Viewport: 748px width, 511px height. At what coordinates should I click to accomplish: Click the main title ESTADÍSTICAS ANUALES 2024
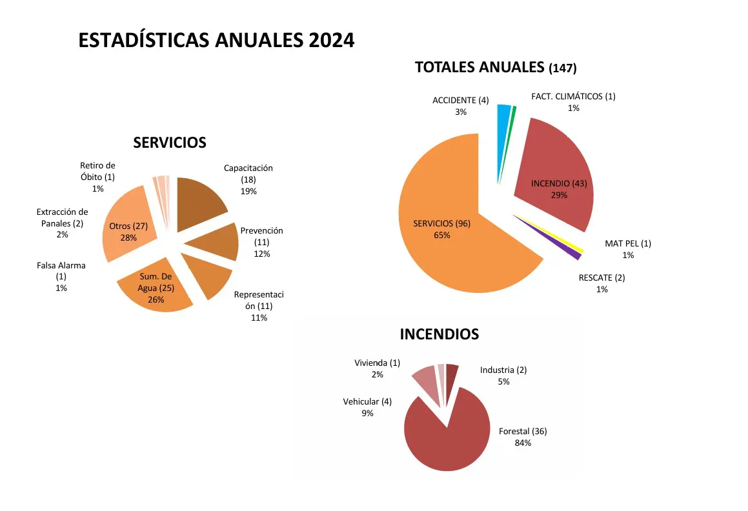tap(216, 40)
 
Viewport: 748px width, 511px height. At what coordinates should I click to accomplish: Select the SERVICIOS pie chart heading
tap(170, 143)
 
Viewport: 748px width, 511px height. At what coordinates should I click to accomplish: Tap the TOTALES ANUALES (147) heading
tap(495, 67)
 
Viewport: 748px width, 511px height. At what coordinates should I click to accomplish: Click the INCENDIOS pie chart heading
tap(439, 334)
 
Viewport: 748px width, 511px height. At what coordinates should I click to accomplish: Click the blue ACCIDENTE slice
tap(503, 129)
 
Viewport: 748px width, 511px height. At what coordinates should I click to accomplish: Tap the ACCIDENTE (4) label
tap(460, 106)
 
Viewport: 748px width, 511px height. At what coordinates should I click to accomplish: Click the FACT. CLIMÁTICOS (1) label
tap(573, 102)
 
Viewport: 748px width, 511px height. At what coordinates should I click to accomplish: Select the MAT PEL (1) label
tap(627, 249)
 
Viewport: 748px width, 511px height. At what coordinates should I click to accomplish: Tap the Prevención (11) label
tap(261, 242)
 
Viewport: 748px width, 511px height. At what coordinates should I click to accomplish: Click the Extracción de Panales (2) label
tap(62, 223)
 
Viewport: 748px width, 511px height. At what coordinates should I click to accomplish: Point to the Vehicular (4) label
tap(367, 407)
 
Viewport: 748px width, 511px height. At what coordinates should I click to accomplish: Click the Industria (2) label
tap(503, 376)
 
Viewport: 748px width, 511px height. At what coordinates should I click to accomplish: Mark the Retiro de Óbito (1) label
tap(97, 177)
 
